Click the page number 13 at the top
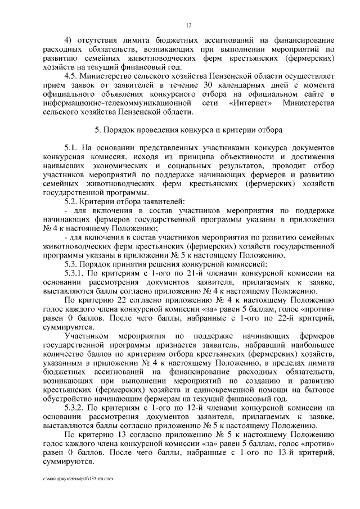tap(188, 25)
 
